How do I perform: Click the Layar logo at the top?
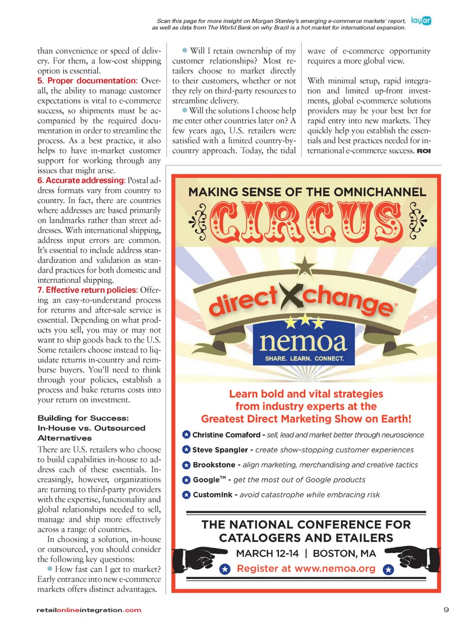tap(420, 21)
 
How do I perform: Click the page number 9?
tap(446, 610)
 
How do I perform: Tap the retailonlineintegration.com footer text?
tap(89, 610)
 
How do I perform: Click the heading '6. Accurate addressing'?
tap(81, 180)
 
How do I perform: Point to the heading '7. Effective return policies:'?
tap(87, 290)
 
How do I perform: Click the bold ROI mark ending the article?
tap(423, 151)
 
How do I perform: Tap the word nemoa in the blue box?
tap(303, 342)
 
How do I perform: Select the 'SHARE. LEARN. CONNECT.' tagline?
tap(304, 358)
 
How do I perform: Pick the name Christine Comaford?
tap(226, 435)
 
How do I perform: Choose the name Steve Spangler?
tap(220, 450)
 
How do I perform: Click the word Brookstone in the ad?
tap(214, 465)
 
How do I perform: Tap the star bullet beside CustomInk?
tap(186, 495)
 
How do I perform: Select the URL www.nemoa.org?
tap(334, 569)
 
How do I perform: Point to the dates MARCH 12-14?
tap(267, 553)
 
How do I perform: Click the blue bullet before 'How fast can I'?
tap(50, 569)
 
